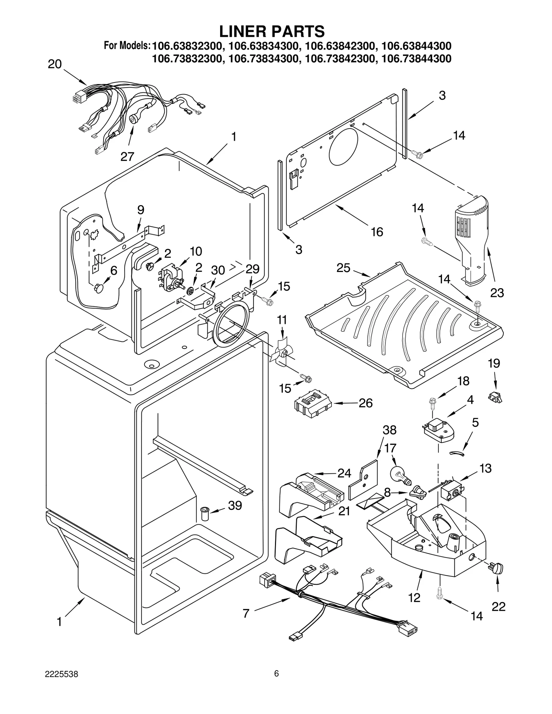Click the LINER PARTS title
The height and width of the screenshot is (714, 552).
pyautogui.click(x=272, y=31)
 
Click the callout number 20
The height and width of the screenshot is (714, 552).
pyautogui.click(x=55, y=64)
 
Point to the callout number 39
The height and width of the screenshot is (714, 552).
pyautogui.click(x=235, y=505)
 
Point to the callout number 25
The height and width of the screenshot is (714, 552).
pyautogui.click(x=343, y=268)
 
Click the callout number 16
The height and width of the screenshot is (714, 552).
pyautogui.click(x=377, y=232)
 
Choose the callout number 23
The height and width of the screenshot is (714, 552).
pyautogui.click(x=497, y=293)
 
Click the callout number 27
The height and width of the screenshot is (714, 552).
pyautogui.click(x=127, y=157)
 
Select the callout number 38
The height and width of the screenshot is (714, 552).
pyautogui.click(x=390, y=430)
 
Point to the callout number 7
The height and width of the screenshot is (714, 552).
pyautogui.click(x=246, y=613)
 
